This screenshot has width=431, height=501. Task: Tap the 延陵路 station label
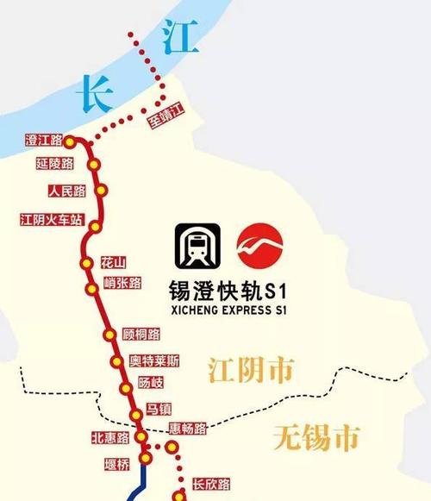[x=55, y=164]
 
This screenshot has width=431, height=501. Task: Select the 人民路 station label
[x=66, y=191]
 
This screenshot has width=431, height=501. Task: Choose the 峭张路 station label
[x=122, y=282]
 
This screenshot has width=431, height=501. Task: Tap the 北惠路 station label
[x=109, y=438]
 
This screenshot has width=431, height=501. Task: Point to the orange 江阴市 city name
[x=250, y=371]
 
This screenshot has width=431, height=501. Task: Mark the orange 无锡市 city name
[x=315, y=439]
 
